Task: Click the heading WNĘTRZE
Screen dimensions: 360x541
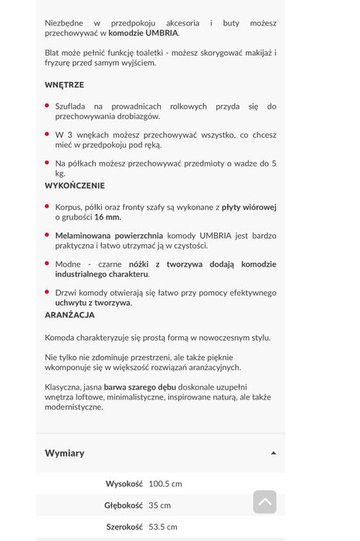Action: click(64, 84)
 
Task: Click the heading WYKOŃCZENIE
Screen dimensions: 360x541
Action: click(75, 185)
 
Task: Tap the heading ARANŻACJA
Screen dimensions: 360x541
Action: click(70, 315)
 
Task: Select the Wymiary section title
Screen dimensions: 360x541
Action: click(65, 453)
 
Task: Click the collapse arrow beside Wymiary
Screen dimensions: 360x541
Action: click(273, 453)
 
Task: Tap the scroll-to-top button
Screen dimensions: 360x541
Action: click(264, 502)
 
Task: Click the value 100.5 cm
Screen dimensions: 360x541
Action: click(165, 484)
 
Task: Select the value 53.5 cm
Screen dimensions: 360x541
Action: click(161, 526)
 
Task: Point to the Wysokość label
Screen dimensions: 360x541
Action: click(124, 484)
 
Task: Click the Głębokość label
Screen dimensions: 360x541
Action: click(124, 505)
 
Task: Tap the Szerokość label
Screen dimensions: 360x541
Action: click(124, 526)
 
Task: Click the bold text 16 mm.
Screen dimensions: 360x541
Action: click(107, 217)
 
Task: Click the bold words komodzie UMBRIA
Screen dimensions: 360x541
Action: click(143, 33)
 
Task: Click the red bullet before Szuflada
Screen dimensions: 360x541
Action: click(48, 106)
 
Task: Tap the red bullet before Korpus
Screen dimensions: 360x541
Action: click(48, 207)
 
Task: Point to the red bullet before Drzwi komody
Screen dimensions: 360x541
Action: click(48, 293)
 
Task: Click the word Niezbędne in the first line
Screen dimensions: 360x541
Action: click(66, 23)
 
